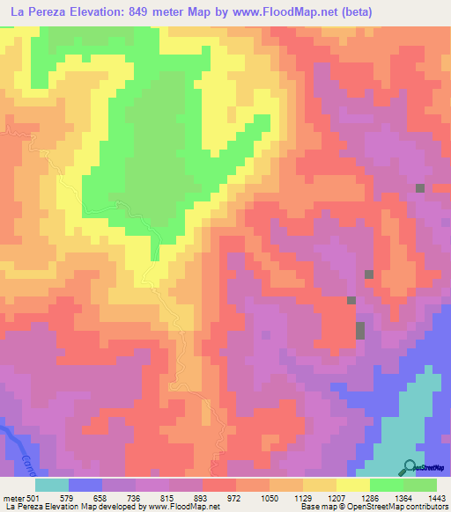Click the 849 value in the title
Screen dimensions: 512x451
[140, 12]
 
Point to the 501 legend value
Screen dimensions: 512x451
[33, 497]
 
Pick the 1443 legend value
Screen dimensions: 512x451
[436, 497]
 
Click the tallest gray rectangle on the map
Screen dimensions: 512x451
[359, 331]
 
